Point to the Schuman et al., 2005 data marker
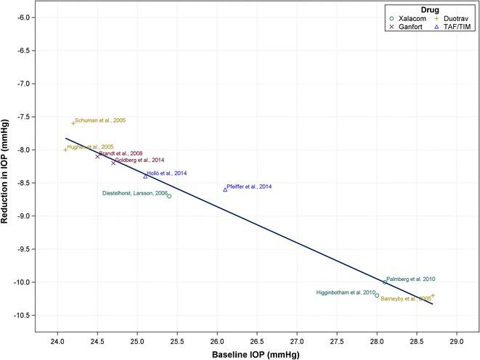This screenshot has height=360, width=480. pyautogui.click(x=73, y=123)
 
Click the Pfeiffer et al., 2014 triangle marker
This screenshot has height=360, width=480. pyautogui.click(x=225, y=189)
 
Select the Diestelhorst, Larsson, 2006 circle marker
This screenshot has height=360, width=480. pyautogui.click(x=169, y=196)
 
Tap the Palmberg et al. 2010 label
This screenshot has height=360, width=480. pyautogui.click(x=411, y=279)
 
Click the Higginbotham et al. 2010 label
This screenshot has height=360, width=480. pyautogui.click(x=346, y=292)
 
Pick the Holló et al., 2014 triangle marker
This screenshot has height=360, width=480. pyautogui.click(x=145, y=176)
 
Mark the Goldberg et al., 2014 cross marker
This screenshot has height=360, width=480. pyautogui.click(x=113, y=163)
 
